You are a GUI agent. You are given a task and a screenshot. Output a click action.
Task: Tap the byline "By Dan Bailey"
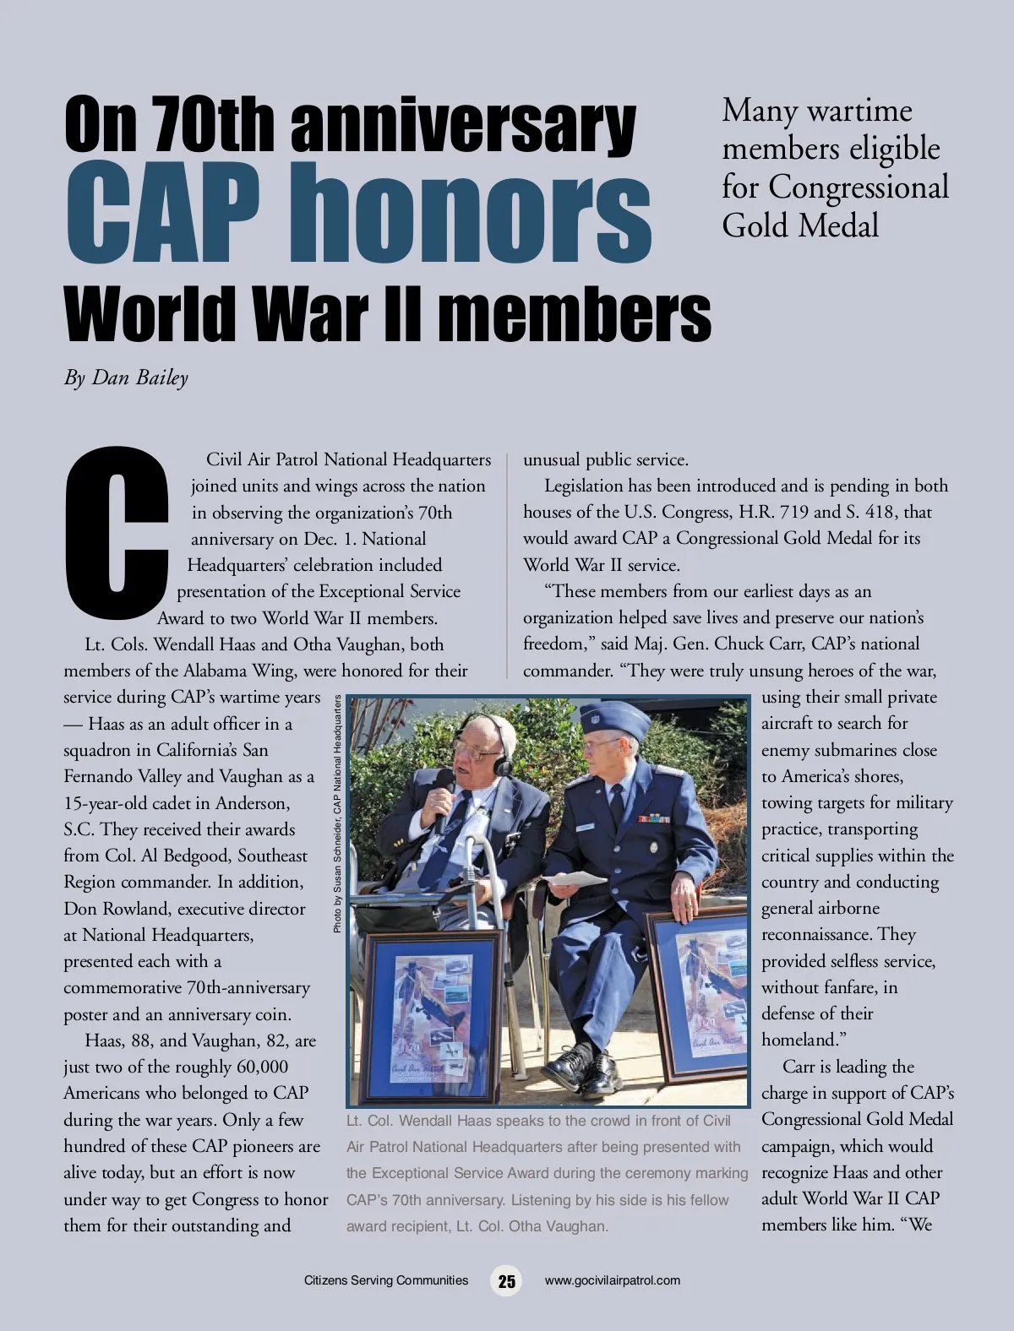click(126, 378)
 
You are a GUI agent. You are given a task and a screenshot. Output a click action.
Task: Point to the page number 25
click(506, 1281)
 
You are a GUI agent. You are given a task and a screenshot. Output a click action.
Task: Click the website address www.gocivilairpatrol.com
click(613, 1280)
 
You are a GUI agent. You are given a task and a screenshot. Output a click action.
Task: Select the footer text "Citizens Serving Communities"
click(385, 1280)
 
